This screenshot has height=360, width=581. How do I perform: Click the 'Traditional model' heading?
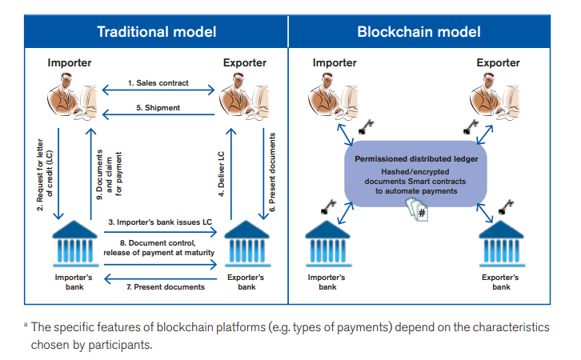pos(157,32)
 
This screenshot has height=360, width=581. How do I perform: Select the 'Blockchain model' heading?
pos(419,32)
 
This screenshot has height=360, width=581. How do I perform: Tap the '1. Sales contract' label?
pos(158,83)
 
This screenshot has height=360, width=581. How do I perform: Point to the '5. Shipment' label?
pos(158,108)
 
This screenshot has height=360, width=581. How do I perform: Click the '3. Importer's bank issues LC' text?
pos(160,222)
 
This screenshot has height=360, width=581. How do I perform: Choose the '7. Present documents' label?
pos(166,287)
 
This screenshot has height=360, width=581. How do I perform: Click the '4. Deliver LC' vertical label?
pos(221,174)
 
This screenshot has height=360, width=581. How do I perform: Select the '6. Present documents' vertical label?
pos(272,173)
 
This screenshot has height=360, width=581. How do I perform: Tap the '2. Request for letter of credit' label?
pos(45,175)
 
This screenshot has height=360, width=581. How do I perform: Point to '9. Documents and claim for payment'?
pos(109,175)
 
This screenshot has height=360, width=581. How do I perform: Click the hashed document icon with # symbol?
pos(417,210)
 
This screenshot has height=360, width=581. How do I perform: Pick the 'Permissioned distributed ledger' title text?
pos(416,159)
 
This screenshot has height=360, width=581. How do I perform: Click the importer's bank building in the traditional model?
pos(75,244)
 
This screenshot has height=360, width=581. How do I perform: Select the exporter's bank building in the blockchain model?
pos(502,244)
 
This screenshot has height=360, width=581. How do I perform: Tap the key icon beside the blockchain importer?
pos(366,126)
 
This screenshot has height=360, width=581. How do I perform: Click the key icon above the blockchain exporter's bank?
pos(506,207)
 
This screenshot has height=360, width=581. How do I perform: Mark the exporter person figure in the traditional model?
pos(244,96)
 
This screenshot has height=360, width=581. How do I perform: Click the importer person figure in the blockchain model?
pos(333,96)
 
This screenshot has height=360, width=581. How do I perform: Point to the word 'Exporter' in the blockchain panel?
pos(498,63)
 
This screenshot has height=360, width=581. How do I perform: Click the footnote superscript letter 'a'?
pos(26,325)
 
